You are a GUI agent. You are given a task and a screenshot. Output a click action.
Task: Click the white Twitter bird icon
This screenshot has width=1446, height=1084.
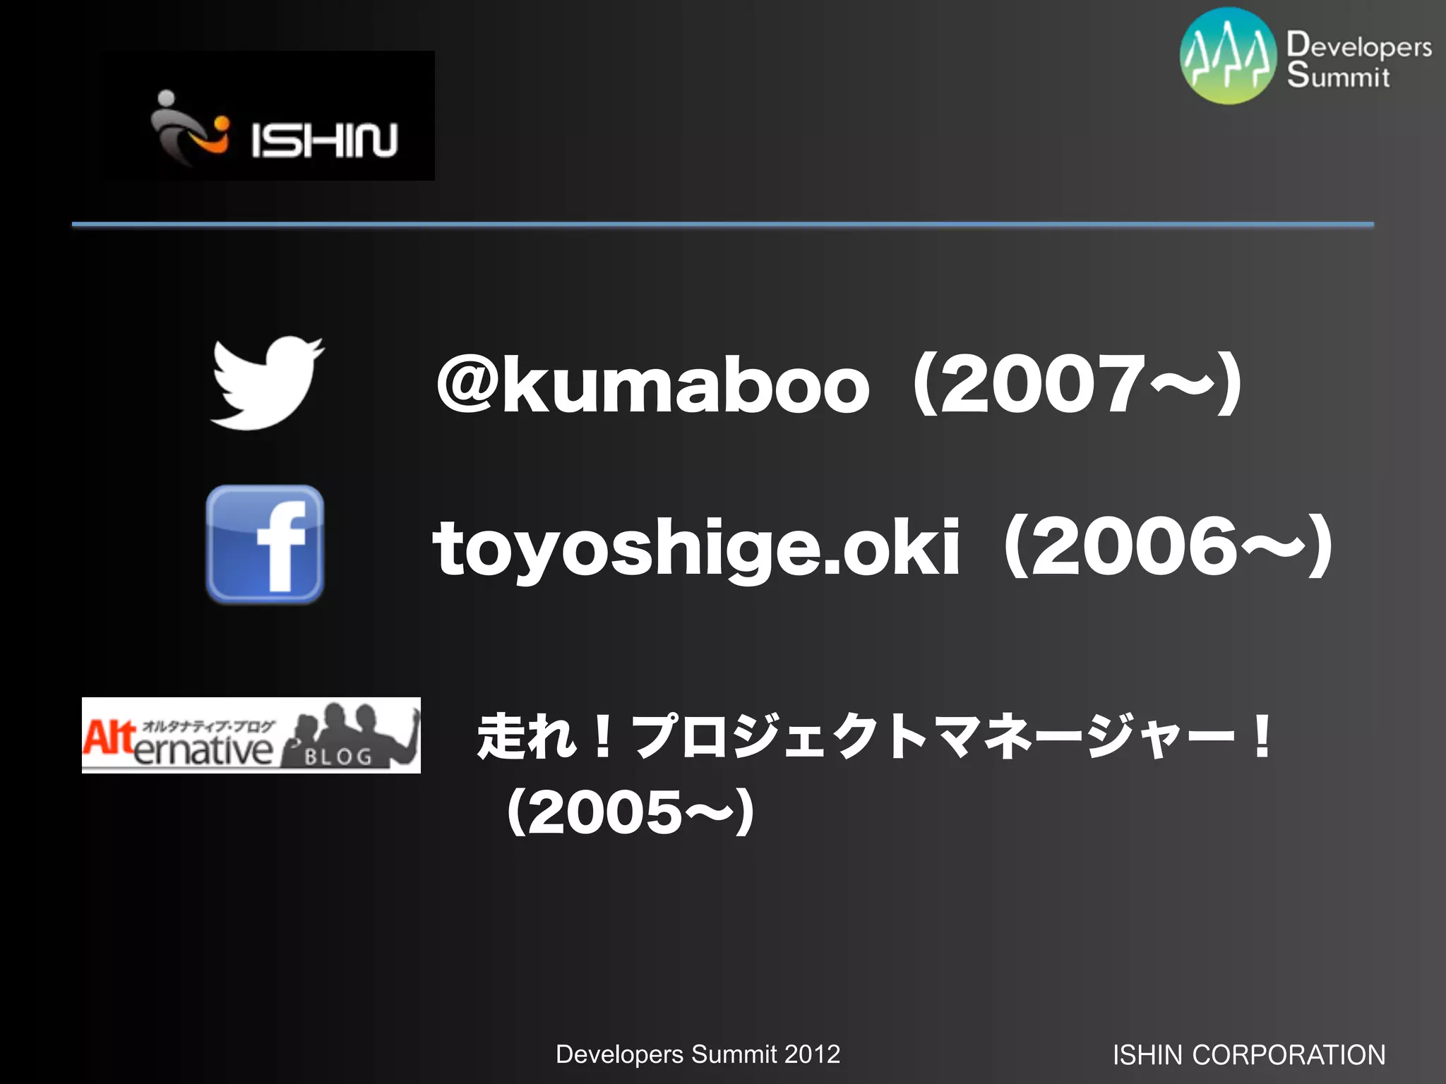click(x=267, y=383)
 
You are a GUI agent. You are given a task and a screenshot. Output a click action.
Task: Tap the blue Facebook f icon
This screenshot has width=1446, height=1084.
click(x=265, y=544)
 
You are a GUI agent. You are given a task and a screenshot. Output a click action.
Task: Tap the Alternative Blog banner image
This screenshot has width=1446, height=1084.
click(x=251, y=735)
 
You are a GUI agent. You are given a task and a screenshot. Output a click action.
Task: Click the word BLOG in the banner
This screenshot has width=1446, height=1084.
click(x=338, y=757)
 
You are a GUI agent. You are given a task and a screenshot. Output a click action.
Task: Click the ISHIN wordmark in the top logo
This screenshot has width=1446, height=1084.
click(x=324, y=140)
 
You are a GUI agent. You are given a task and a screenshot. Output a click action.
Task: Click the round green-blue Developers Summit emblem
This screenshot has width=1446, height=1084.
click(x=1229, y=56)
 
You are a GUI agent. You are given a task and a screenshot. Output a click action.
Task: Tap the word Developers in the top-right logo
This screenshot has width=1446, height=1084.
click(x=1359, y=45)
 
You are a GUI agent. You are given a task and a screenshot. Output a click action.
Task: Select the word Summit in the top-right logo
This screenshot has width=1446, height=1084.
click(x=1338, y=75)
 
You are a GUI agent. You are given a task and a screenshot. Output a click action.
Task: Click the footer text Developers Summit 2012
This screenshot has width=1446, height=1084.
click(x=698, y=1054)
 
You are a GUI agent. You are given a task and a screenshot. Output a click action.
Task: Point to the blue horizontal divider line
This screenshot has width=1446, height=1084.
click(x=723, y=224)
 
